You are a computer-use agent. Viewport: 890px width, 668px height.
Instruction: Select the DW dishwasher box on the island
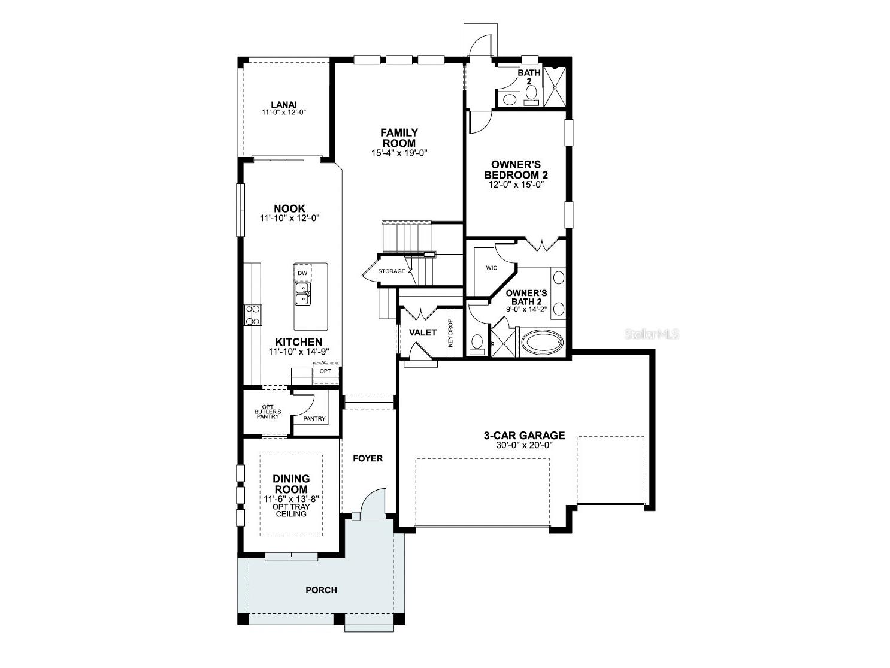click(302, 273)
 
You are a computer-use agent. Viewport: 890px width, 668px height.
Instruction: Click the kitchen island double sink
click(302, 294)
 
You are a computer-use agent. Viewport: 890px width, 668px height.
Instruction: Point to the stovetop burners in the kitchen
click(253, 315)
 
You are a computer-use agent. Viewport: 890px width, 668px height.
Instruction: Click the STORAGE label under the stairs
click(391, 271)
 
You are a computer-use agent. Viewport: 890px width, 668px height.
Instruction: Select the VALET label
click(422, 333)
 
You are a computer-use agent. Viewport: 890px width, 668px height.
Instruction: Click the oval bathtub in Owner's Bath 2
click(543, 343)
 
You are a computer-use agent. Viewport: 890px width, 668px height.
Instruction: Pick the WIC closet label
click(491, 268)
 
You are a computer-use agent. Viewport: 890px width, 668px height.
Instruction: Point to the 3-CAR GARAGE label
click(524, 436)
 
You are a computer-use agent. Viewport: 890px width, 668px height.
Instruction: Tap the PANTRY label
click(314, 419)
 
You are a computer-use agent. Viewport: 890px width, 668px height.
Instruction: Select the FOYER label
click(367, 458)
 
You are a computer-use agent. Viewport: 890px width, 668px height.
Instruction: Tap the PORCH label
click(321, 590)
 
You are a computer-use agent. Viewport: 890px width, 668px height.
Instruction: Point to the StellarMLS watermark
click(652, 334)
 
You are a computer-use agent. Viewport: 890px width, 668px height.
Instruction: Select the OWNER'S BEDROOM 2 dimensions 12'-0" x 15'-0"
click(519, 185)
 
